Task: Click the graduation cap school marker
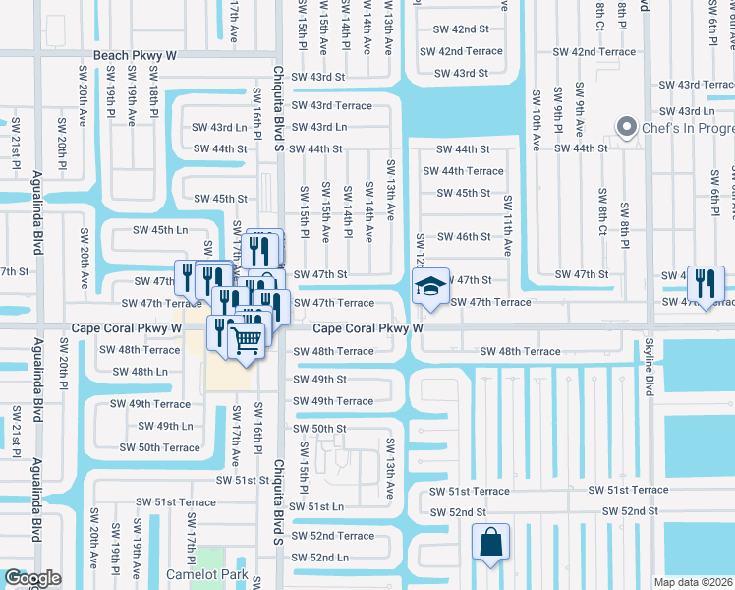pyautogui.click(x=429, y=286)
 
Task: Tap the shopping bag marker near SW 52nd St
pyautogui.click(x=489, y=542)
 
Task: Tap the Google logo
pyautogui.click(x=32, y=578)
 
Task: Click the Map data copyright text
pyautogui.click(x=694, y=581)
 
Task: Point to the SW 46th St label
pyautogui.click(x=464, y=237)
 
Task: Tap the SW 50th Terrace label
pyautogui.click(x=160, y=447)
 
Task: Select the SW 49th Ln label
pyautogui.click(x=165, y=426)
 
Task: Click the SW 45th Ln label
pyautogui.click(x=160, y=230)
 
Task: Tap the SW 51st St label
pyautogui.click(x=243, y=480)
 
